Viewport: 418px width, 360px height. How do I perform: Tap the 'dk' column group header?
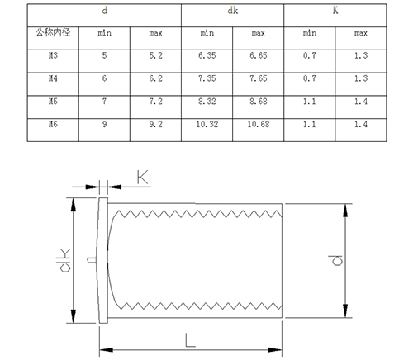232,11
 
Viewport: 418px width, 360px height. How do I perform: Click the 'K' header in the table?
335,11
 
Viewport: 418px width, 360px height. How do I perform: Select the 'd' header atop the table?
104,11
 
